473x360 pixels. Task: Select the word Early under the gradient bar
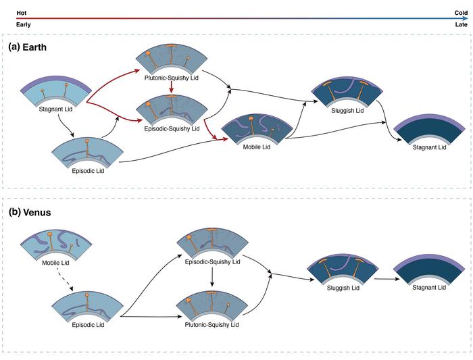(x=23, y=24)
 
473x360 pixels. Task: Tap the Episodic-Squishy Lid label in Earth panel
(x=172, y=128)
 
